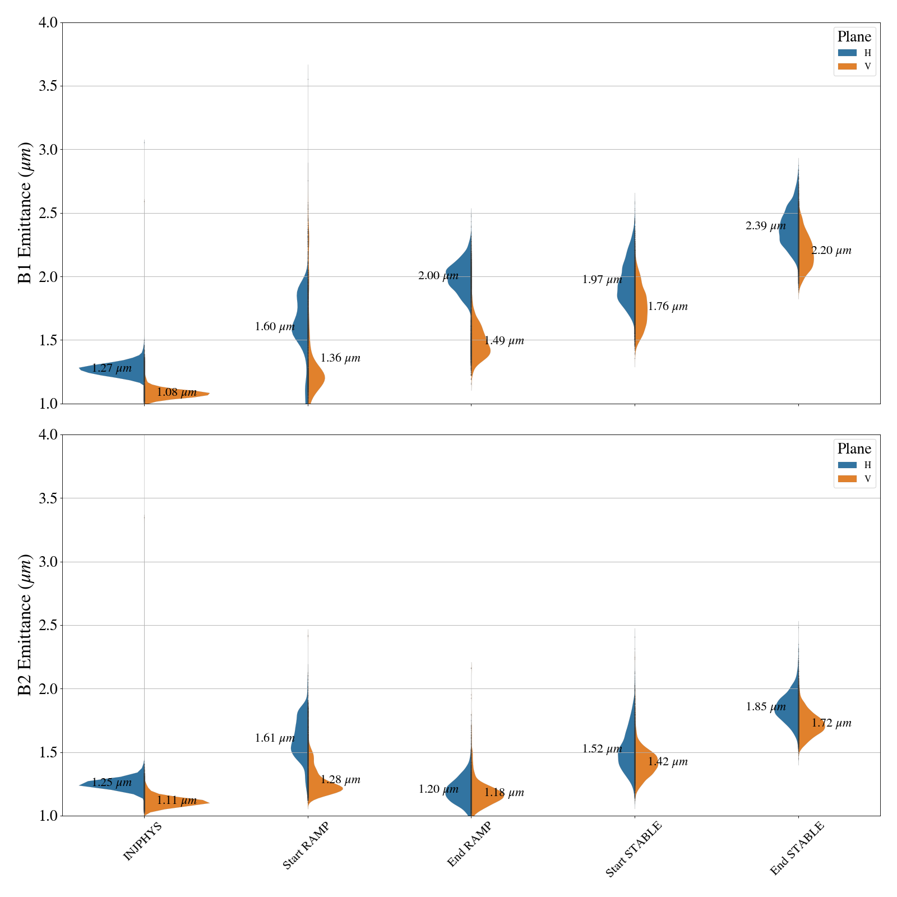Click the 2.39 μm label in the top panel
tap(765, 226)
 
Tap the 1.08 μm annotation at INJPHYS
tap(176, 392)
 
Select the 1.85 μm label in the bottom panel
tap(765, 707)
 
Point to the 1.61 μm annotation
tap(275, 738)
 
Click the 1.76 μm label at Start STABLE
tap(667, 307)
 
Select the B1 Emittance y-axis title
tap(25, 213)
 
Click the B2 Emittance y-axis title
tap(25, 625)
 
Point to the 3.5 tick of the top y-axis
tap(49, 86)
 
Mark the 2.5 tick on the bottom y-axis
tap(49, 625)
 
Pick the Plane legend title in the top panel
tap(854, 37)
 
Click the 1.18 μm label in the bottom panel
tap(503, 793)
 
